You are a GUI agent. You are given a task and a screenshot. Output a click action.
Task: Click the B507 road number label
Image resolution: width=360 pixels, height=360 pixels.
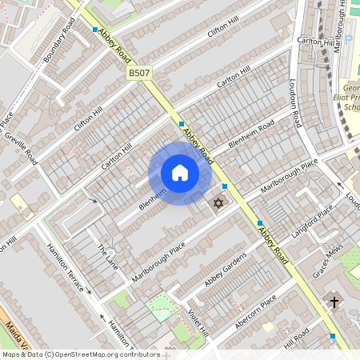coord(139,73)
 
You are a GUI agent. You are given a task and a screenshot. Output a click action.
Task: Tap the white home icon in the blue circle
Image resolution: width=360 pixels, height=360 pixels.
coord(180,174)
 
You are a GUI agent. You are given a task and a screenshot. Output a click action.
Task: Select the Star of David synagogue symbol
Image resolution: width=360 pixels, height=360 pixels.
coord(217,205)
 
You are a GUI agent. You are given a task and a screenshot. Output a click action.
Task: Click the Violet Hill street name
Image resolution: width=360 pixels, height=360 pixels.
coord(198,320)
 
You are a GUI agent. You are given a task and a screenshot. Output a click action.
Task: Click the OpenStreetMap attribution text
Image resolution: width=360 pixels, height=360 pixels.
coord(80,354)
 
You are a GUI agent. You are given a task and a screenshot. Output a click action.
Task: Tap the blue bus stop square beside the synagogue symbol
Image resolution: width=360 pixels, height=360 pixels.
coord(225,186)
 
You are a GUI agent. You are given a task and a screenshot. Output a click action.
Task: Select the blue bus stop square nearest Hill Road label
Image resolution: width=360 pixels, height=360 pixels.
coord(333,337)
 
